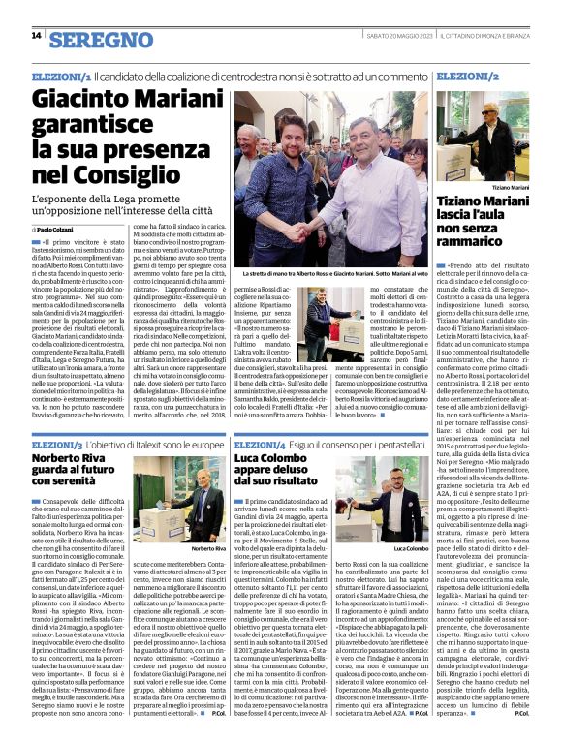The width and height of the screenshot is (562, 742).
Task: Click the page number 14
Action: click(x=37, y=36)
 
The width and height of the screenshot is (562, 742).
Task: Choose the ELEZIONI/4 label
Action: click(x=265, y=444)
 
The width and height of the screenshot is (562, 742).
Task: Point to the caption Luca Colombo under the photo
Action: click(x=411, y=547)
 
